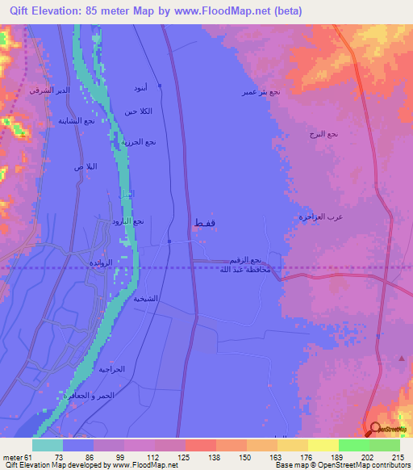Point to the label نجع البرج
coord(323,133)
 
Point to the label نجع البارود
coord(127,220)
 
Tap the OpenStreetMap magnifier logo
coord(375,430)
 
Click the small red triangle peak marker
coord(402,357)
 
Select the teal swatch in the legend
coord(48,445)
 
